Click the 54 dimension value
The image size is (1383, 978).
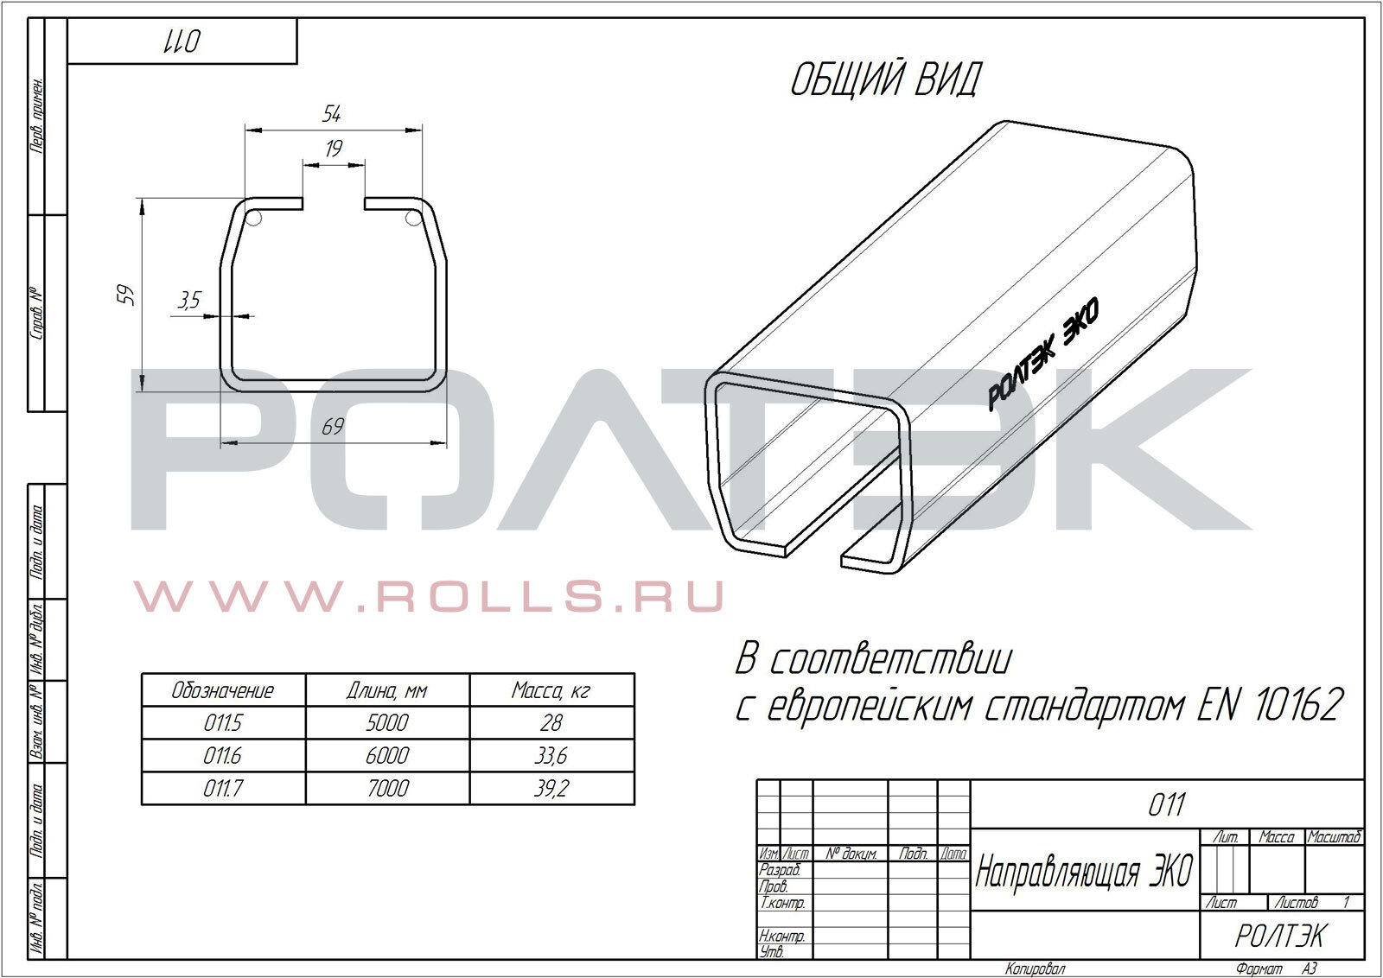coord(332,113)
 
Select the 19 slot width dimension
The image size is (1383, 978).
coord(334,149)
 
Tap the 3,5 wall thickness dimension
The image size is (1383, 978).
coord(189,300)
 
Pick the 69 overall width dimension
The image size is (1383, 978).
coord(333,427)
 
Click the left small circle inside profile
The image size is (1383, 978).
coord(254,218)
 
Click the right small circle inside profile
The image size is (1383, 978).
coord(414,217)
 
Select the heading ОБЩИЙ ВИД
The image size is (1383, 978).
coord(885,80)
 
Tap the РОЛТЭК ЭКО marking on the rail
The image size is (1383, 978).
coord(1042,353)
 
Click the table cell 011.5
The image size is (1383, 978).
coord(223,722)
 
